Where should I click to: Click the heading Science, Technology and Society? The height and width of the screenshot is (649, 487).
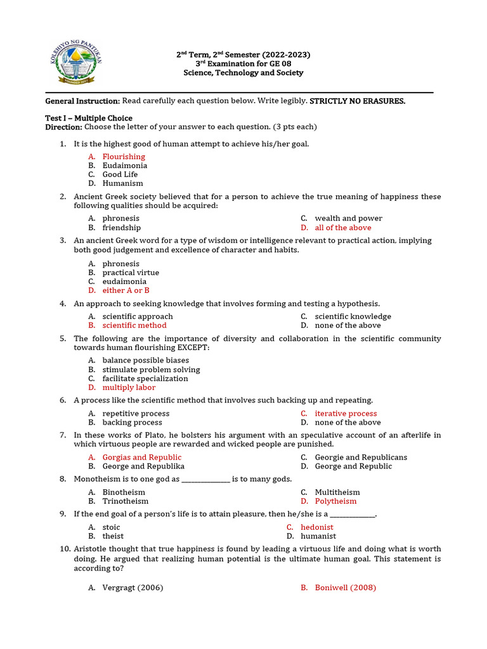[243, 73]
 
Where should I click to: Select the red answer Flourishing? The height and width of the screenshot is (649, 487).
[124, 157]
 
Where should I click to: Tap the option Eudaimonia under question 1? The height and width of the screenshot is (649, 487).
[125, 165]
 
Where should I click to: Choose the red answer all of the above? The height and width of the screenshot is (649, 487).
[343, 228]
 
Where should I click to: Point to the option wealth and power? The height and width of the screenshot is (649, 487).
[348, 218]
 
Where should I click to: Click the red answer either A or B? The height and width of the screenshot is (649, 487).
[126, 290]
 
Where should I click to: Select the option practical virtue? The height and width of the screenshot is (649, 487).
[131, 273]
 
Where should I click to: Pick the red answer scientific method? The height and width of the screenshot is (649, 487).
[134, 325]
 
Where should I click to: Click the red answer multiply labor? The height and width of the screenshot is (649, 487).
[129, 387]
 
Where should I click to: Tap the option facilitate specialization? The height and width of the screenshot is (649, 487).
[145, 378]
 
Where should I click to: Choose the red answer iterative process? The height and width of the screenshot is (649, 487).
[346, 413]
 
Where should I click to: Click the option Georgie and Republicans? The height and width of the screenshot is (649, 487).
[361, 457]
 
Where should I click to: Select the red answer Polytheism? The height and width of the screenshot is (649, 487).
[335, 501]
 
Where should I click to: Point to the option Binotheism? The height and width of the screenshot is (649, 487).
[124, 492]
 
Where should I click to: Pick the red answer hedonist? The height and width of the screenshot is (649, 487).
[316, 527]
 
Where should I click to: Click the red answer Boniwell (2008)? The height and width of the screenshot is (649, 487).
[345, 588]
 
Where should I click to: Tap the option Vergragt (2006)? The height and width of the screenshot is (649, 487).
[133, 588]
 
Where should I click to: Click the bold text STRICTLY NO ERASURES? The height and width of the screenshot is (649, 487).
[357, 101]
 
